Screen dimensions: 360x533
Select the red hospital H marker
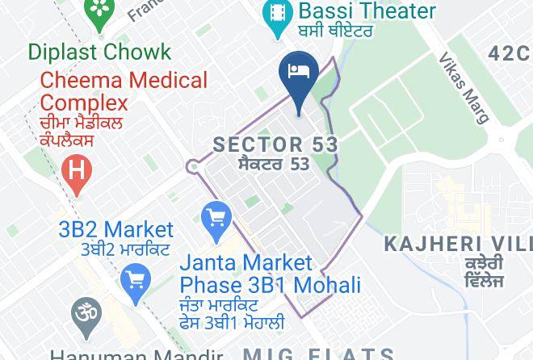tap(77, 172)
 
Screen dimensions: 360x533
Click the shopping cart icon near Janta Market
tap(216, 219)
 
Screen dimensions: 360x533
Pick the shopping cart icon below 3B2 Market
tap(134, 280)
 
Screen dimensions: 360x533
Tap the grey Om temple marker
tap(84, 312)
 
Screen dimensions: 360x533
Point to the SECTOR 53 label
tap(275, 145)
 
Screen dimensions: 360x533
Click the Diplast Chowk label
tap(99, 52)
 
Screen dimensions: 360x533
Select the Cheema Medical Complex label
tap(124, 91)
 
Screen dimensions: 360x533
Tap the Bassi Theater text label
tap(367, 11)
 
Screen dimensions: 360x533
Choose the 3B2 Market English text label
tap(115, 229)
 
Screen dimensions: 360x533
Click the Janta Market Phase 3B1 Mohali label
tap(269, 274)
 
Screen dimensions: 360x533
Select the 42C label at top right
tap(510, 53)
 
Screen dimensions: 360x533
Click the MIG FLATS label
tap(318, 354)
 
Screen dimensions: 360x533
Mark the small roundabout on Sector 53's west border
tap(193, 167)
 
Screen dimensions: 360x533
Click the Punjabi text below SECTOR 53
tap(275, 164)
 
